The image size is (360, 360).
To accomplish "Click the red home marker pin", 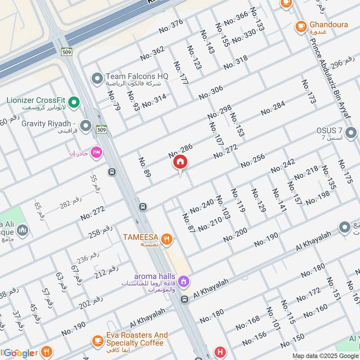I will [180, 163].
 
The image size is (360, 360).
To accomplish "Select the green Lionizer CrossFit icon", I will [75, 103].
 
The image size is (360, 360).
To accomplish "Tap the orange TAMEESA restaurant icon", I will [166, 239].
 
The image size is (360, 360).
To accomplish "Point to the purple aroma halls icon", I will [183, 282].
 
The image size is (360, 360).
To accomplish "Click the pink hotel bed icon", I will [96, 153].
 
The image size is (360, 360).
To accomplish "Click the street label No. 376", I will [171, 27].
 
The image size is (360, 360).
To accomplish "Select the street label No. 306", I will [211, 93].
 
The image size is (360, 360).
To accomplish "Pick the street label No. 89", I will [144, 167].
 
